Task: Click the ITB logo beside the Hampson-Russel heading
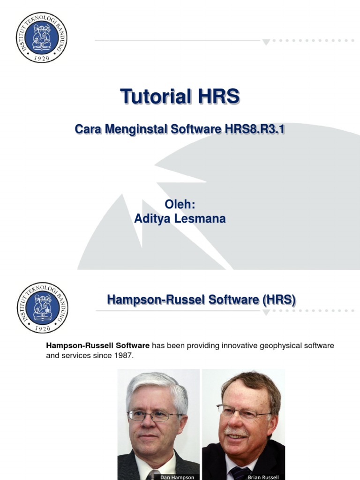tap(42, 307)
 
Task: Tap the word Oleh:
tap(180, 205)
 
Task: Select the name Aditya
tap(153, 218)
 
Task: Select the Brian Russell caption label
tap(263, 477)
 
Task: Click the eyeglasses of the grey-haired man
tap(155, 415)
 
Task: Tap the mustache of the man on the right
tap(236, 432)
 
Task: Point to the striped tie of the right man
tap(240, 472)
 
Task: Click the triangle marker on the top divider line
tap(266, 42)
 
